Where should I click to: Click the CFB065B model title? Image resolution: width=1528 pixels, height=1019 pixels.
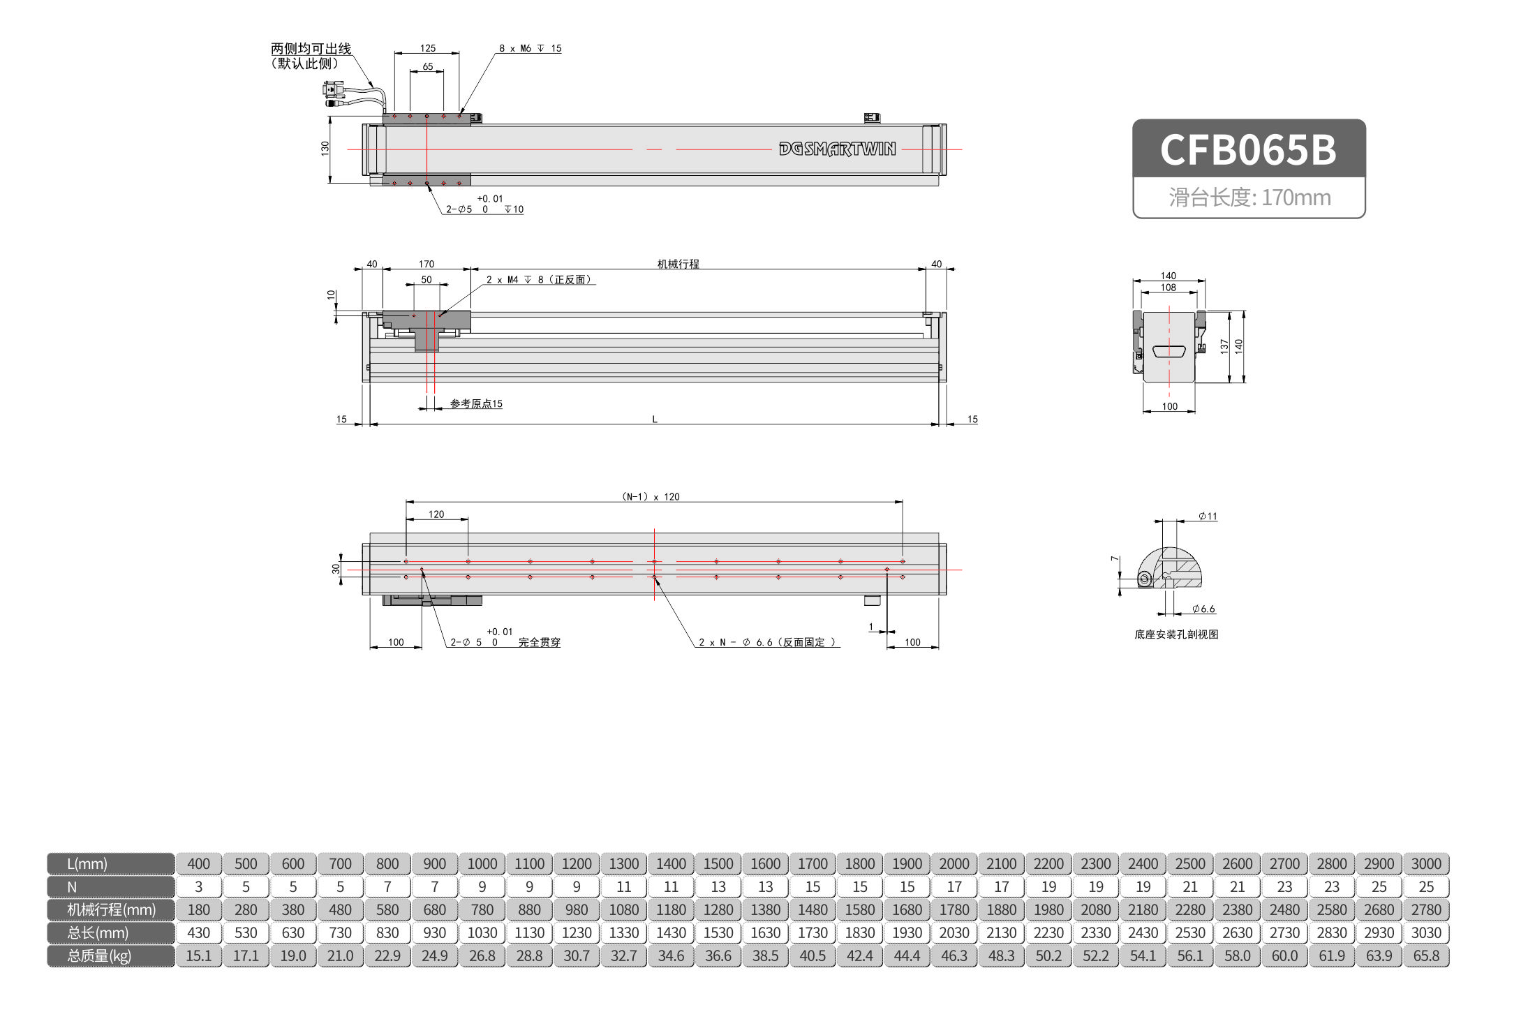click(1248, 149)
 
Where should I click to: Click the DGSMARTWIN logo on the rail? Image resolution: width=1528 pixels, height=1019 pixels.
click(837, 149)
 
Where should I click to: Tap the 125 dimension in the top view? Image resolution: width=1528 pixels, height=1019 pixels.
click(427, 48)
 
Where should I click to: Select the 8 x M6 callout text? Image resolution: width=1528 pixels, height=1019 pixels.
click(530, 48)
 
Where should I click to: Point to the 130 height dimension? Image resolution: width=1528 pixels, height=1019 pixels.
click(325, 148)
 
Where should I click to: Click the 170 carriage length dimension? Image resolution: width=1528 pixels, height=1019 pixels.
click(426, 264)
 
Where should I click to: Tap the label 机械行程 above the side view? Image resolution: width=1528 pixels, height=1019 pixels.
click(678, 264)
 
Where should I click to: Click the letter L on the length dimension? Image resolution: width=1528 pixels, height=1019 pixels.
click(654, 419)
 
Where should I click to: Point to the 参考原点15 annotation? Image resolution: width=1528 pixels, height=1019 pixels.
click(476, 404)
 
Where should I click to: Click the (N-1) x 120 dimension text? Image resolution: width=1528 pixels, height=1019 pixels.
click(651, 497)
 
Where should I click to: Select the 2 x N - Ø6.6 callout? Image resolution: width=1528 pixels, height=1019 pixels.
click(767, 642)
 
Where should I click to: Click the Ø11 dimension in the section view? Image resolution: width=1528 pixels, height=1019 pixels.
click(1208, 516)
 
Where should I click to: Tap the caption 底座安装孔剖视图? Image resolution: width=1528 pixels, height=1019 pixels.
click(1176, 634)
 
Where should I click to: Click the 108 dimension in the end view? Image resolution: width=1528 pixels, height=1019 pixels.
click(1168, 288)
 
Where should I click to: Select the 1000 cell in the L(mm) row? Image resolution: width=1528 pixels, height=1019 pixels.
click(482, 863)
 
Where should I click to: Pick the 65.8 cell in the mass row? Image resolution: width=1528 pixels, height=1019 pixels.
click(1425, 955)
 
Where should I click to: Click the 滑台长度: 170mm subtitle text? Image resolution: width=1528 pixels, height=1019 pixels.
click(1249, 198)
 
